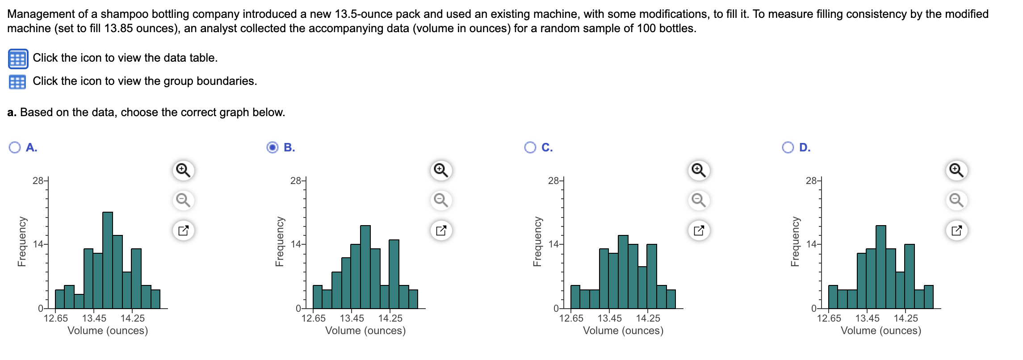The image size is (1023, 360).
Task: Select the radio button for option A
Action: pos(15,147)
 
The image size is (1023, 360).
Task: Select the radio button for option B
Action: pos(272,147)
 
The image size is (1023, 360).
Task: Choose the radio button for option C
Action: pos(530,147)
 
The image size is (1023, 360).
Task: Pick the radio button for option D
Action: pos(788,147)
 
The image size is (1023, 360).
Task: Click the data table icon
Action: pos(18,59)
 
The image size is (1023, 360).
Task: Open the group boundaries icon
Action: pos(17,82)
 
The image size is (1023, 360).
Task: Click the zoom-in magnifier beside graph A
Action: pos(183,170)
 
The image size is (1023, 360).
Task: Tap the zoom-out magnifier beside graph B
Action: pos(441,200)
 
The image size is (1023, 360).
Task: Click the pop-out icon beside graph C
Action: pos(699,230)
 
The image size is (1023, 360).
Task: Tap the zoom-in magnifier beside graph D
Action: pos(956,170)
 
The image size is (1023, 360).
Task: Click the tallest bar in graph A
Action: pos(108,259)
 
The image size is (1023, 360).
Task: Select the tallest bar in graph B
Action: pos(365,266)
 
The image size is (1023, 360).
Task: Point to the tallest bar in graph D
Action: pos(881,266)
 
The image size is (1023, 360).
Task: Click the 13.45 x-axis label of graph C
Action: pos(609,318)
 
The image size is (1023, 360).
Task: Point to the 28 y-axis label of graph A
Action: pos(38,181)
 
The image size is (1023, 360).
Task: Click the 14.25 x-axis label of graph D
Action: pos(906,318)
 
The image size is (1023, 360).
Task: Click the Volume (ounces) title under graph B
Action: pos(365,331)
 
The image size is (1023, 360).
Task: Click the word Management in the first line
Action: pos(37,14)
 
